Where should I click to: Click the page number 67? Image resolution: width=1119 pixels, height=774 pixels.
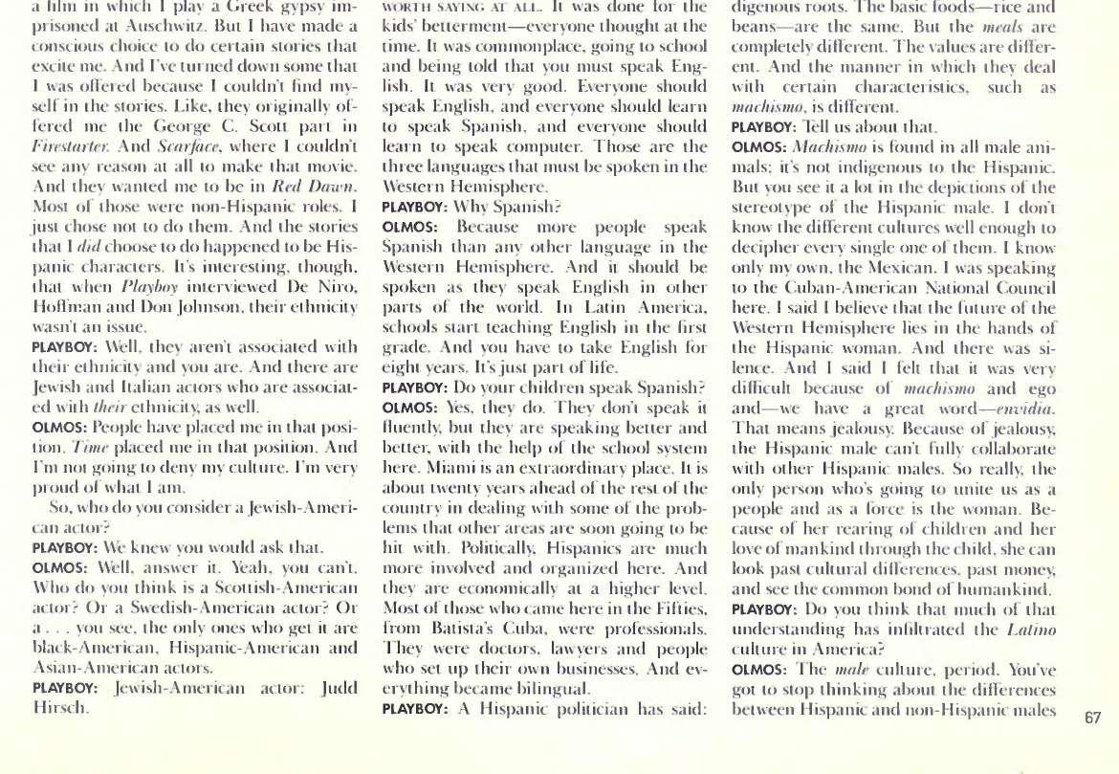coord(1094,719)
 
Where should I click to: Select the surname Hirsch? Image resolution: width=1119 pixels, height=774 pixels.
coord(58,709)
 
